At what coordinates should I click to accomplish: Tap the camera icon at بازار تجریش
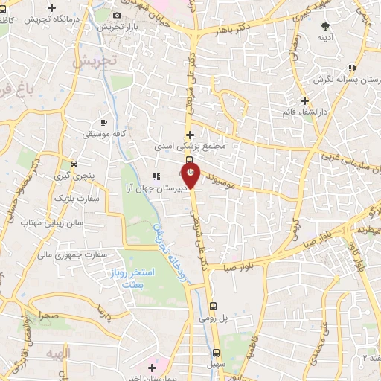click(117, 16)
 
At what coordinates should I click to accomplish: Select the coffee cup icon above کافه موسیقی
click(103, 121)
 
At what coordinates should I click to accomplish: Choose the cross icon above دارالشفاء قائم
click(304, 100)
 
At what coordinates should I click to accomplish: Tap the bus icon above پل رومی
click(214, 305)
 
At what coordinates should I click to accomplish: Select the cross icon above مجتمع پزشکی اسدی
click(190, 135)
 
